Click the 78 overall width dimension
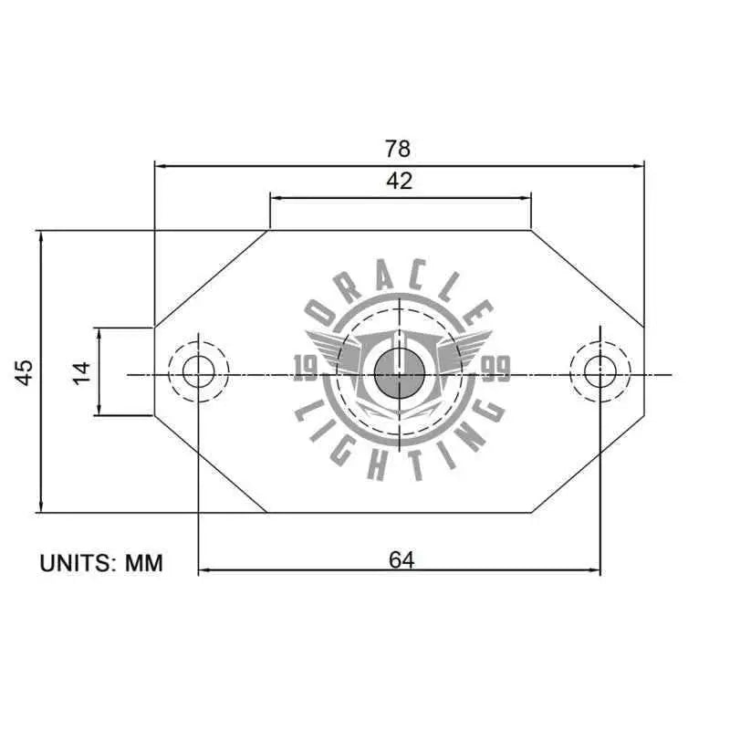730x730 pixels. pos(399,148)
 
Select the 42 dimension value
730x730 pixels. pos(399,181)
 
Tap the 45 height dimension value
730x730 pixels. pos(24,371)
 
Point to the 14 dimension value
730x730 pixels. pos(82,371)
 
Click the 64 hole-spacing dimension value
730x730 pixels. pos(401,560)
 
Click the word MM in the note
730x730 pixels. pos(144,563)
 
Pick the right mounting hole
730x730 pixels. pos(600,371)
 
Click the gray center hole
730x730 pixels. pos(398,372)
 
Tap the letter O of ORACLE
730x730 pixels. pos(322,313)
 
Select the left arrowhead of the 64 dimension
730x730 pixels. pos(203,571)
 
